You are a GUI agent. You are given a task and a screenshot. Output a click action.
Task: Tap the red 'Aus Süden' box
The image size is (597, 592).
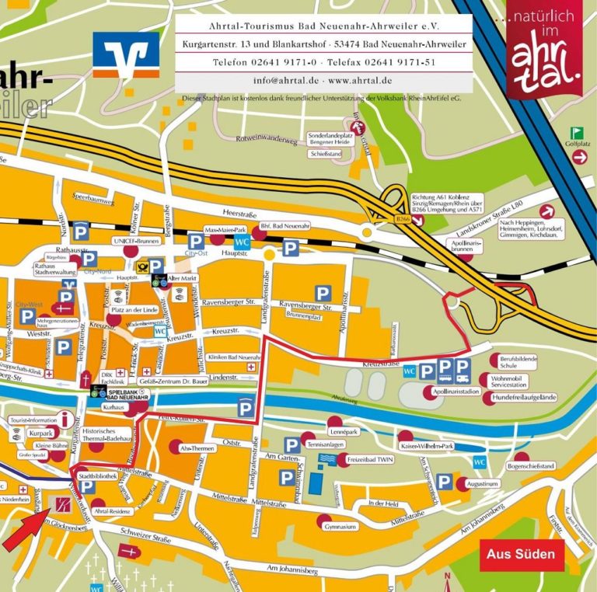click(x=520, y=554)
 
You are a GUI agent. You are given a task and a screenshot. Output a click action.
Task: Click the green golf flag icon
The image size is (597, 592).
click(x=577, y=133)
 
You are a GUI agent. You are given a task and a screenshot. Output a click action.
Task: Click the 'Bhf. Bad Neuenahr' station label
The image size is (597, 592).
click(x=289, y=225)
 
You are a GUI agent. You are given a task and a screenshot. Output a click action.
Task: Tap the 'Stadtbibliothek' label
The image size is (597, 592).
click(x=98, y=475)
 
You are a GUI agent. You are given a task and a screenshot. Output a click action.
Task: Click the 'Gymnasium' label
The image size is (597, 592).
click(x=341, y=527)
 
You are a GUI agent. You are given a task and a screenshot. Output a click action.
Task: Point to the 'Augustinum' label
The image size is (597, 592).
click(x=483, y=483)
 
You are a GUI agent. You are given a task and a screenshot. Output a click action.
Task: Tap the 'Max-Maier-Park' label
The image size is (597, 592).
click(x=225, y=231)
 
